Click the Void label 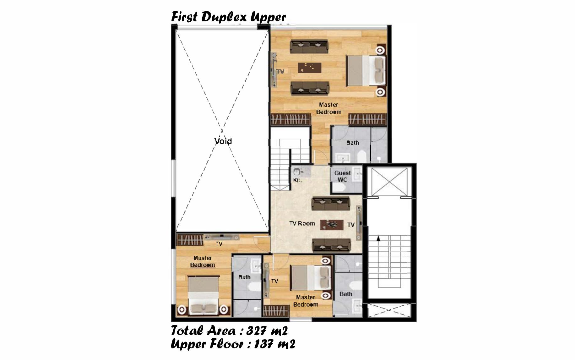(x=223, y=141)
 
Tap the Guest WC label (x=342, y=176)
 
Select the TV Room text (x=302, y=223)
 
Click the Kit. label (x=297, y=180)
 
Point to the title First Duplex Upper (x=228, y=17)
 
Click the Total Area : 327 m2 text (x=229, y=331)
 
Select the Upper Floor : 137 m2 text (x=233, y=344)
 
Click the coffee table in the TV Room (x=332, y=224)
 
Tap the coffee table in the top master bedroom (x=309, y=68)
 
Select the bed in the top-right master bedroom (x=366, y=70)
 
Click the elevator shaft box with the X (x=389, y=182)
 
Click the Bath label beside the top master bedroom (x=353, y=143)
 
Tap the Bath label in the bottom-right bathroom (x=346, y=294)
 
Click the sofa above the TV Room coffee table (x=330, y=204)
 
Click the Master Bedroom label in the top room (x=329, y=108)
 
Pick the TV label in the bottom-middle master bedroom (x=274, y=281)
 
